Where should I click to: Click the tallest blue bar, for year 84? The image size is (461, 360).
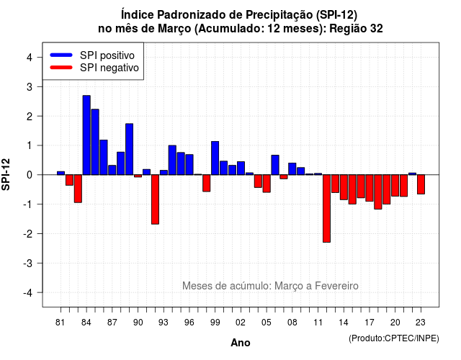(x=86, y=135)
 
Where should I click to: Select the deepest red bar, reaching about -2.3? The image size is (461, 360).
(x=326, y=208)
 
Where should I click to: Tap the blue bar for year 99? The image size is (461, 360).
(x=215, y=158)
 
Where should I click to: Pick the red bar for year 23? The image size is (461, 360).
(x=421, y=184)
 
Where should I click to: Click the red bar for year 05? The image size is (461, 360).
(x=267, y=184)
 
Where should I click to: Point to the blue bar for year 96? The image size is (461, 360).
(x=189, y=165)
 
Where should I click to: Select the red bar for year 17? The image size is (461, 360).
(x=370, y=188)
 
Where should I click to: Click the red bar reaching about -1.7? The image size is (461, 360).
(x=155, y=199)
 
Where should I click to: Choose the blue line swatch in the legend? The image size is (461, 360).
(x=61, y=55)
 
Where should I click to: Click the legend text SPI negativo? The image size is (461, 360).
(x=109, y=68)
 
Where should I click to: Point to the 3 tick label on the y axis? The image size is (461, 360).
(x=30, y=87)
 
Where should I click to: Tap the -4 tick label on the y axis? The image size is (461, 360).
(x=28, y=293)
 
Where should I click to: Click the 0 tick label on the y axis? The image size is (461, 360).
(x=30, y=175)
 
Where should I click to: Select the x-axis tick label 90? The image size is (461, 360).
(x=138, y=323)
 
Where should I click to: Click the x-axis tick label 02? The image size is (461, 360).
(x=241, y=323)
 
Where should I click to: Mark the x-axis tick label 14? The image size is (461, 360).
(x=343, y=323)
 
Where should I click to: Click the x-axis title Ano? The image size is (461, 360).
(x=241, y=343)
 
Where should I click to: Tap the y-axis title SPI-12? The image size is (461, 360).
(x=6, y=174)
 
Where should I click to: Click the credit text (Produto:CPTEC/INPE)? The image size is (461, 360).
(x=394, y=338)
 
